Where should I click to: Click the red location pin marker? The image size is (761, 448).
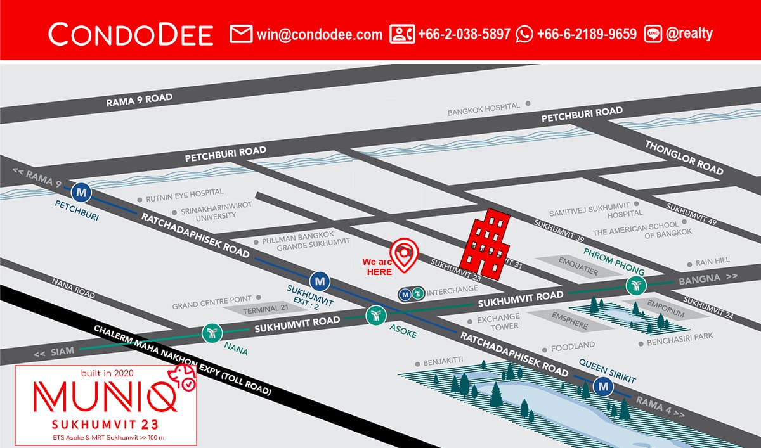tap(405, 253)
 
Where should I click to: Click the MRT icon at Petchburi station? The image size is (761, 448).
tap(81, 190)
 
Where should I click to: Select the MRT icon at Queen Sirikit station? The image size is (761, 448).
tap(603, 386)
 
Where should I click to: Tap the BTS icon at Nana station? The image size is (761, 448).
tap(211, 332)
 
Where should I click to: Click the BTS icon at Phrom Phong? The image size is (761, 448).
tap(635, 286)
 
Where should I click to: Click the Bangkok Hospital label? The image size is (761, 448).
tap(484, 109)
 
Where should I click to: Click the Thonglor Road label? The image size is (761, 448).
tap(684, 157)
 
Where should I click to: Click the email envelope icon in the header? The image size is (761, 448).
tap(241, 34)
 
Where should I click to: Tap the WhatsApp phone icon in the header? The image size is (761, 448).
tap(524, 34)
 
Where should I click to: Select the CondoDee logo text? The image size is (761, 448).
tap(131, 34)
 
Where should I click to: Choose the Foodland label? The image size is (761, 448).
tap(573, 346)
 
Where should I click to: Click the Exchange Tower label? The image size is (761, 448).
tap(498, 321)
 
